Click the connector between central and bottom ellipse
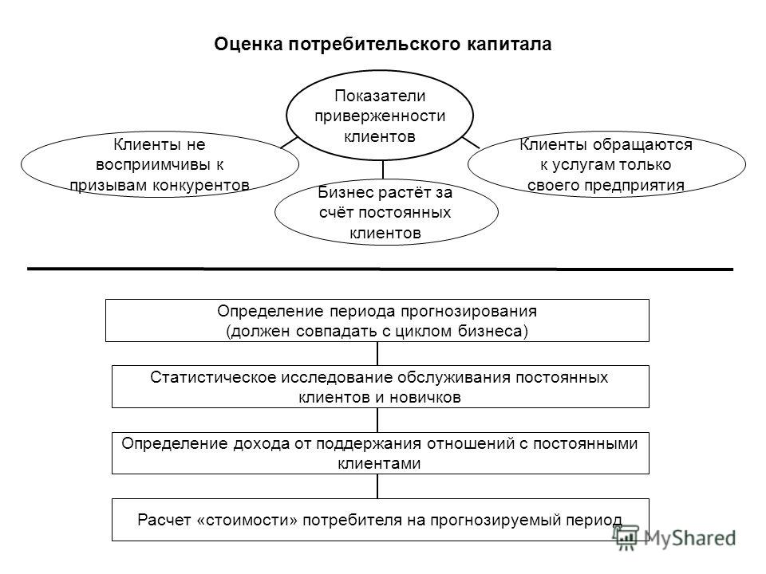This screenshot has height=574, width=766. point(382,169)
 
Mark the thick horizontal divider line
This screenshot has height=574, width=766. point(380,269)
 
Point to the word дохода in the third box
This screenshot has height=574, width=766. point(262,444)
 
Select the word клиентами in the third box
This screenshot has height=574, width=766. point(379,464)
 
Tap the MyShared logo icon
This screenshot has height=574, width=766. point(627,538)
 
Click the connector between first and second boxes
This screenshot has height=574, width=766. point(377,353)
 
